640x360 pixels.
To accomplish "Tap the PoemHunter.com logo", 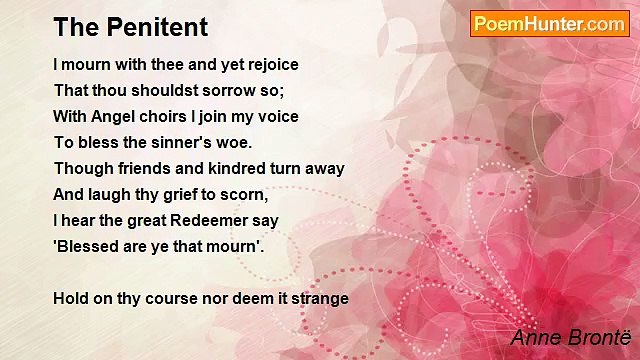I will coord(550,23).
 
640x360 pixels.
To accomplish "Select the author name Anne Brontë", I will coord(565,337).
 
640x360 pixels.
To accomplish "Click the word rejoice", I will coord(271,64).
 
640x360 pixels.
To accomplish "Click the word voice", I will coord(276,116).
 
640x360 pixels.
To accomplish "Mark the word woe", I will coord(235,142).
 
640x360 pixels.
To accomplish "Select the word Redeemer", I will coord(207,220).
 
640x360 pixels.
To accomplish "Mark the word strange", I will coord(319,298).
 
